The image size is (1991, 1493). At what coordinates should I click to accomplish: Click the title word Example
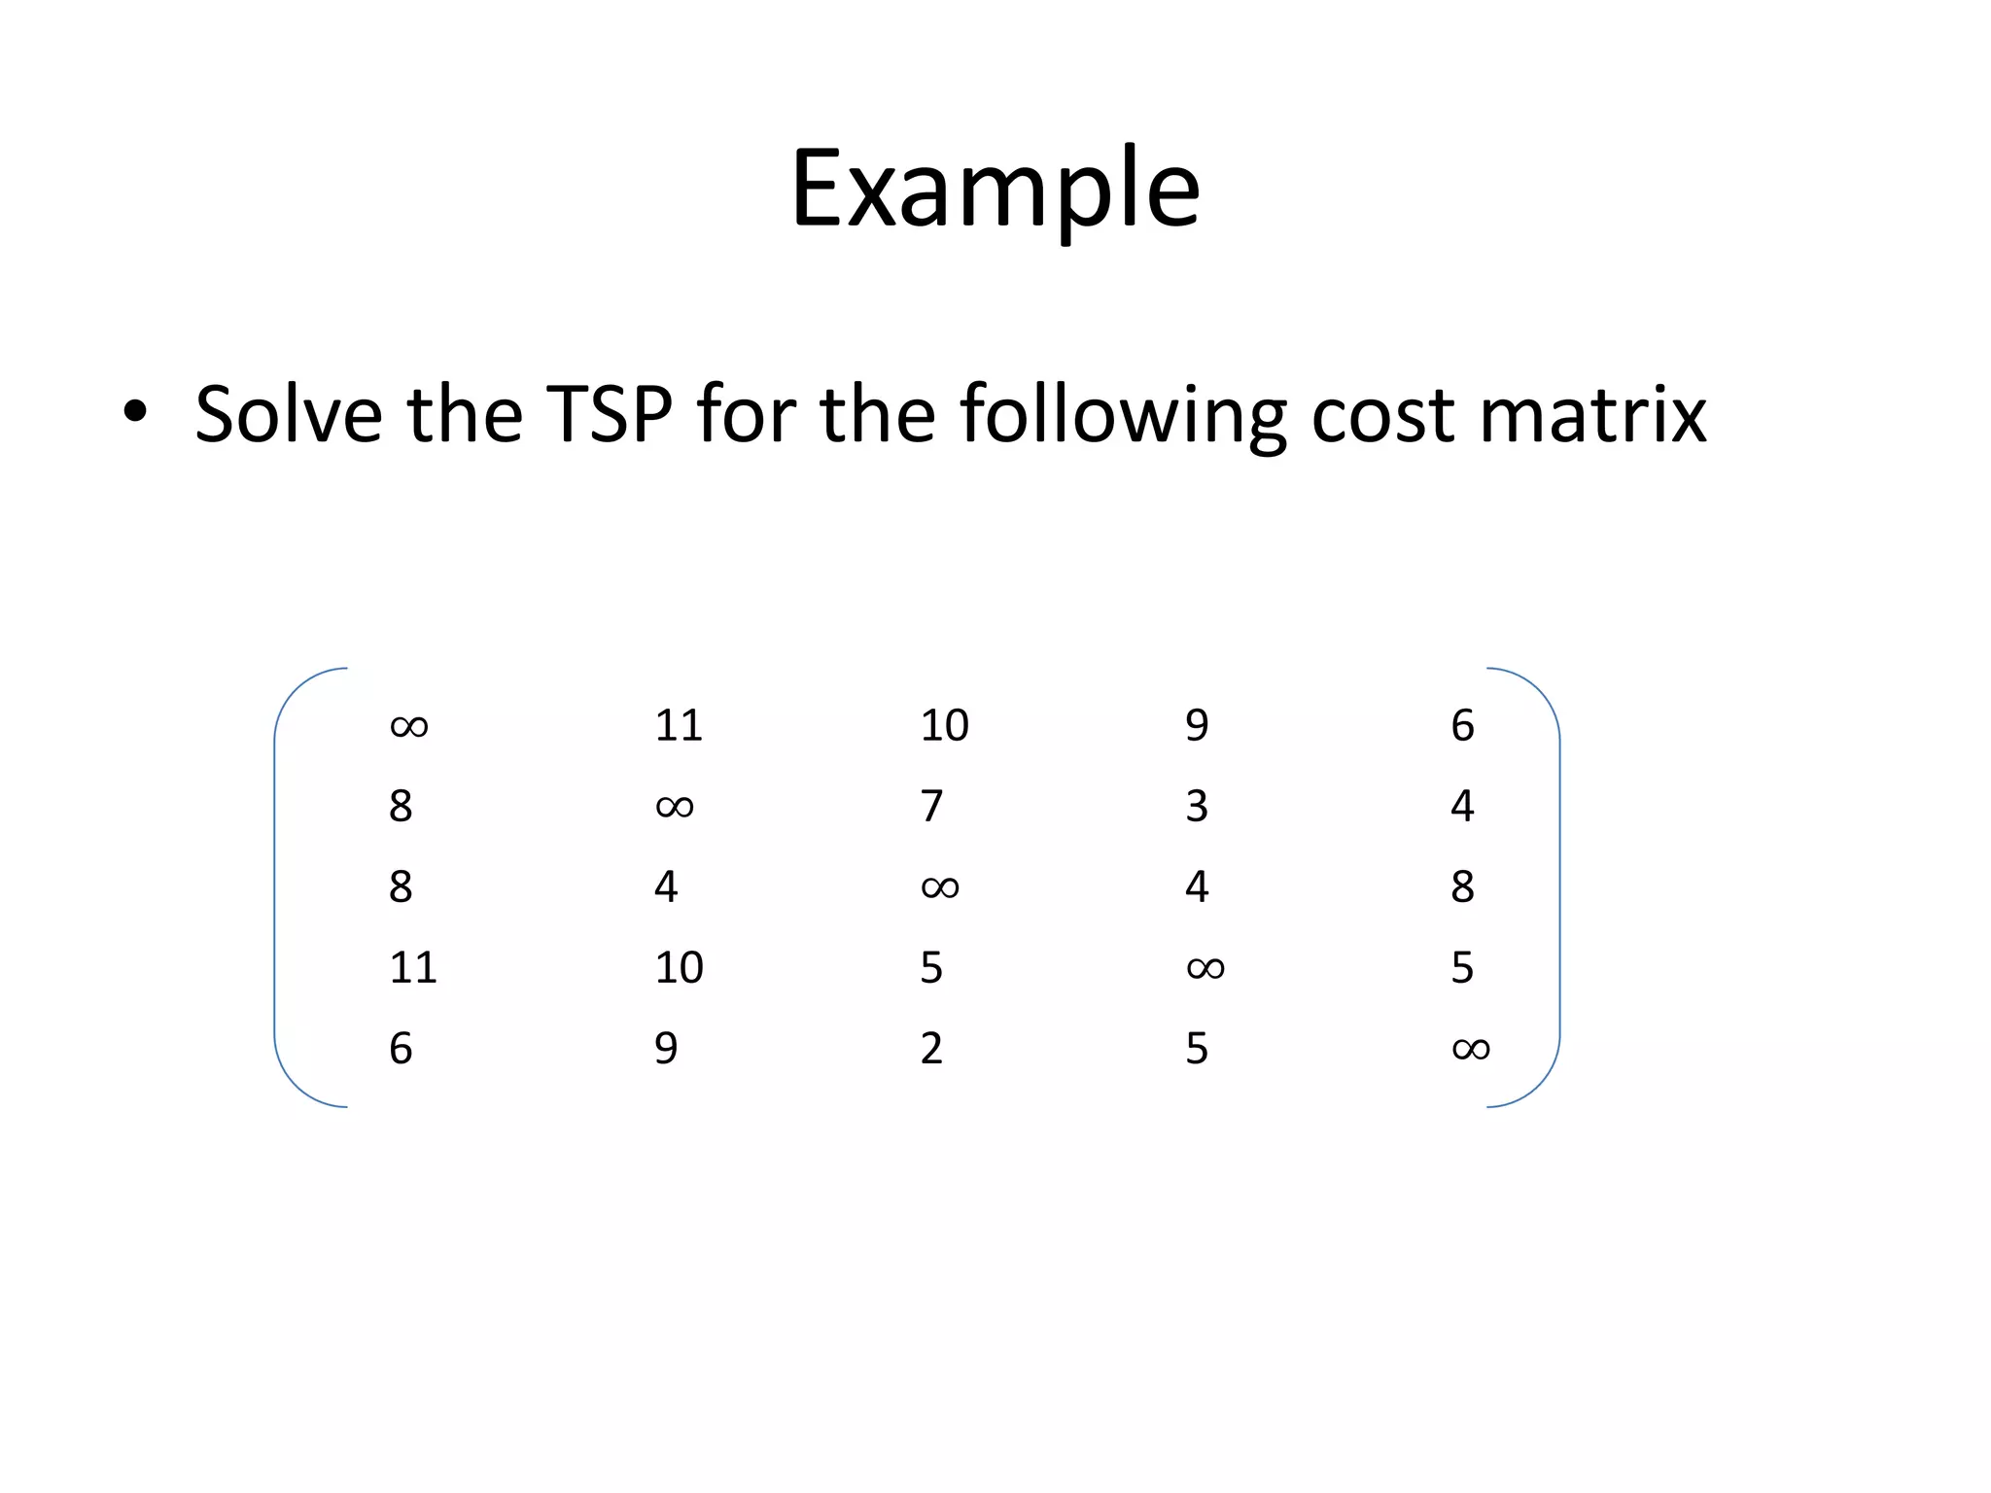tap(995, 190)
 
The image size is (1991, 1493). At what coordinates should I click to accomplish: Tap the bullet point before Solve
tap(135, 411)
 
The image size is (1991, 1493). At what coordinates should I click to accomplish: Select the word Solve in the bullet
tap(289, 415)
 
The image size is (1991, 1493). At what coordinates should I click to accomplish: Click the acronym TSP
tap(609, 415)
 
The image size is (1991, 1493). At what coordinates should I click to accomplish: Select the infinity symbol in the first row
tap(408, 726)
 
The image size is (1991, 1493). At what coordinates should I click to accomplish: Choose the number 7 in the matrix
tap(931, 806)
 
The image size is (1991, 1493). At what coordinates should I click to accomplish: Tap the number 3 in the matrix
tap(1197, 806)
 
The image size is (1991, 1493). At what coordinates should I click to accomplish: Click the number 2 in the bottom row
tap(931, 1049)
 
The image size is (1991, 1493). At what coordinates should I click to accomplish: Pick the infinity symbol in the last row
tap(1470, 1049)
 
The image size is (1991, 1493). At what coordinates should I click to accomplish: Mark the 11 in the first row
tap(678, 725)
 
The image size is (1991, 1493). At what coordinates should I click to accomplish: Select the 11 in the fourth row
tap(412, 968)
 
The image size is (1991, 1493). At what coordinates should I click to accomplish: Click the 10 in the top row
tap(944, 725)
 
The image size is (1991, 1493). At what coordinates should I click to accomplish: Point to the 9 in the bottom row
tap(666, 1049)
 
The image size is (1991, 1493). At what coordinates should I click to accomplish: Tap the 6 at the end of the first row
tap(1462, 725)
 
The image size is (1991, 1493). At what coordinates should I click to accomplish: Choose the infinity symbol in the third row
tap(939, 887)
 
